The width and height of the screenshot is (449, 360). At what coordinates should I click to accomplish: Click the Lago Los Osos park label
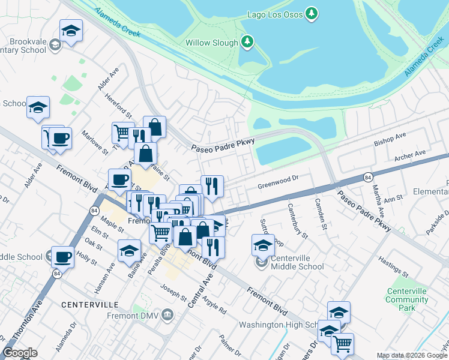(x=275, y=13)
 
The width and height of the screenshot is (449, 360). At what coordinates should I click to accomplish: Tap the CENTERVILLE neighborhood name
(x=91, y=305)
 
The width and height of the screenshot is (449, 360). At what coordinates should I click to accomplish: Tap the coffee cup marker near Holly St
(x=62, y=257)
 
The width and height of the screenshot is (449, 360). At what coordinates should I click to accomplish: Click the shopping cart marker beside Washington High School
(x=342, y=344)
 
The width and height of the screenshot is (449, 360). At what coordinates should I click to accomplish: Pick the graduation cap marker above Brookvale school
(x=71, y=31)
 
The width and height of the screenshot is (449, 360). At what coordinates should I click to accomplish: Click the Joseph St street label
(x=173, y=292)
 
